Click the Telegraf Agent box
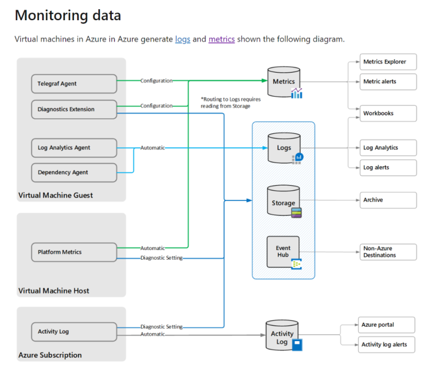[x=73, y=84]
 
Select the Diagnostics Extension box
[x=73, y=109]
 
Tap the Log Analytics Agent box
[x=73, y=148]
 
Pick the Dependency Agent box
[x=73, y=172]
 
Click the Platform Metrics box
[x=73, y=252]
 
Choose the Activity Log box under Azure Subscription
[x=73, y=331]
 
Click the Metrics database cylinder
[x=284, y=82]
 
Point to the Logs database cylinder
[x=284, y=148]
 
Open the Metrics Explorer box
[x=387, y=62]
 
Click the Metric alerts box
[x=387, y=81]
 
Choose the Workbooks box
[x=387, y=113]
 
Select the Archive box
[x=387, y=200]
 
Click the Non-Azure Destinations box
[x=387, y=252]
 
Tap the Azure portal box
[x=386, y=325]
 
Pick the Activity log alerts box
[x=386, y=345]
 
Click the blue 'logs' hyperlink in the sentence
[x=183, y=39]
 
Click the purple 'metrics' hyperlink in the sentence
[x=222, y=39]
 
